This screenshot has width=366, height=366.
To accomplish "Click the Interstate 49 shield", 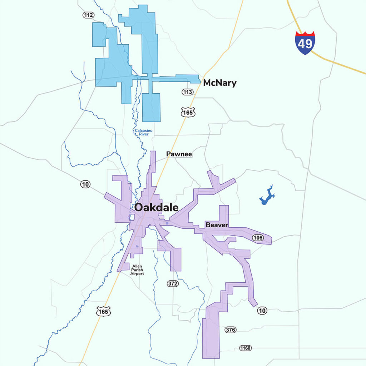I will [305, 43].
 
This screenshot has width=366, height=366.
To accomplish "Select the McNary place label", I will [219, 83].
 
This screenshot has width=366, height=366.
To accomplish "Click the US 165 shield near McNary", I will [188, 112].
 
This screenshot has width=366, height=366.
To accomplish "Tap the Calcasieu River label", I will [142, 132].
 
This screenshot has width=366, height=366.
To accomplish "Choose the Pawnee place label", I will [179, 154].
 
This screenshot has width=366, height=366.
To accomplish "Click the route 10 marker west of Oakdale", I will [85, 184].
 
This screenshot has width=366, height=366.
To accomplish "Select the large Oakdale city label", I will [156, 208].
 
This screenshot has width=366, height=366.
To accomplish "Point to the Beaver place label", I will [217, 225].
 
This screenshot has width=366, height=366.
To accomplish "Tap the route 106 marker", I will [258, 238].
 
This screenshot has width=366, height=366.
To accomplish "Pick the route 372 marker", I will [173, 283].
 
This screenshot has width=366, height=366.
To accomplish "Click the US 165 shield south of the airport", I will [104, 311].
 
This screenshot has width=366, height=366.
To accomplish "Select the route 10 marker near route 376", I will [262, 311].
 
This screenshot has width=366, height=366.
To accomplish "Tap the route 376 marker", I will [231, 330].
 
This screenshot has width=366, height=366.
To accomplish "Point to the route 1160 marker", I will [246, 348].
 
